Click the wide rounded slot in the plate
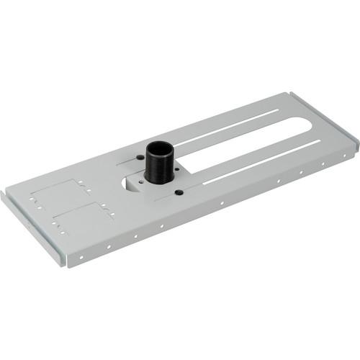tap(238, 148)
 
